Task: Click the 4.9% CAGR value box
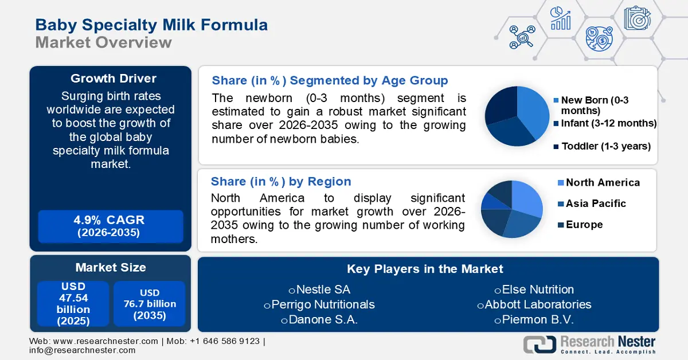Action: pos(110,226)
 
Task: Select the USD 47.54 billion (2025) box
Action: pos(73,304)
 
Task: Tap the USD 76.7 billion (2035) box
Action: pos(150,304)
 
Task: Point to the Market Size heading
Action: pos(110,267)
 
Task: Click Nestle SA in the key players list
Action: pos(319,289)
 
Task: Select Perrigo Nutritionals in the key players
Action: pos(319,304)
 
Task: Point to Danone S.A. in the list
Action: pos(319,320)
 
